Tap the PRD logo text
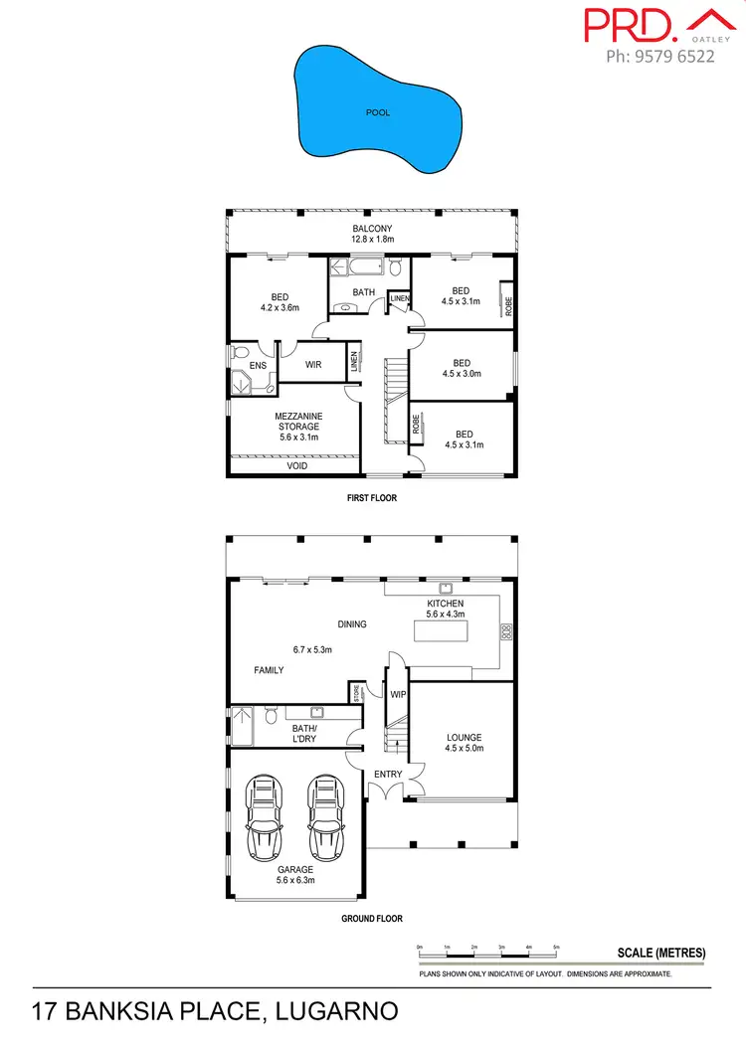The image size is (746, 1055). (627, 25)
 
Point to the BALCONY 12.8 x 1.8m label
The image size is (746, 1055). (372, 234)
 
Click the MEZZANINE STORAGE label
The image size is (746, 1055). (297, 421)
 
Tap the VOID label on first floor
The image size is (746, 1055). (297, 465)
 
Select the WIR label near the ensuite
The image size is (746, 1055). (312, 365)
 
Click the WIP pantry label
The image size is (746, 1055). (398, 694)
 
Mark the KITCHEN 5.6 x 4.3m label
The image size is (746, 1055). (445, 609)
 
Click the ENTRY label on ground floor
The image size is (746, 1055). (387, 774)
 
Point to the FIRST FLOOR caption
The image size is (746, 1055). (371, 498)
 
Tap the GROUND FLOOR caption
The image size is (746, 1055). (371, 919)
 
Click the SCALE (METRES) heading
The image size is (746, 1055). (661, 953)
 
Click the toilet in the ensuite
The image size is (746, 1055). (239, 352)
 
